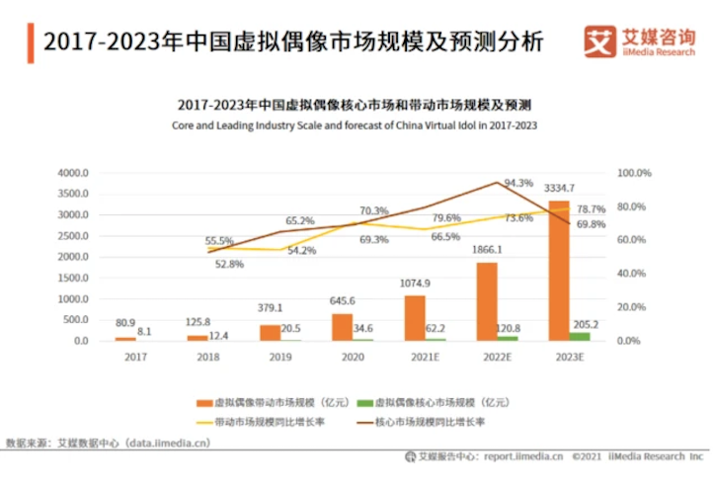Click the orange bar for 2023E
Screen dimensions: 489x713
(x=559, y=271)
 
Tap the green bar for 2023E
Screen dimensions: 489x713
(x=580, y=336)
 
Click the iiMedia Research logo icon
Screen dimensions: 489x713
(x=600, y=41)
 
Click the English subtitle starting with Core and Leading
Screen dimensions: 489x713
(x=354, y=126)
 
